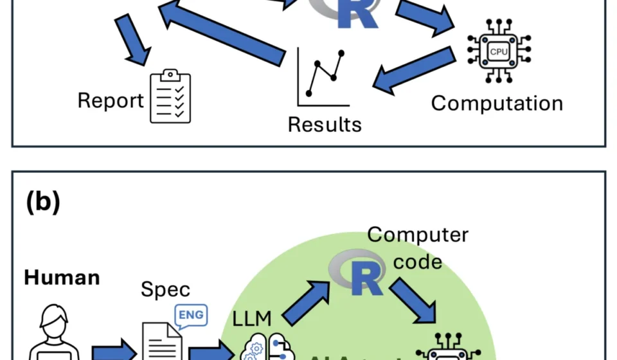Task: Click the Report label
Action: (111, 101)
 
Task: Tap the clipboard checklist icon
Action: (170, 96)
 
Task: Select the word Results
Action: (324, 123)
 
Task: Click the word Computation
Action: (497, 103)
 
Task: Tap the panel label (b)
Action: (43, 202)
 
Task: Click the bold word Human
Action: (62, 278)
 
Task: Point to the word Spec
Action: (165, 289)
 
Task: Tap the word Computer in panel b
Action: (418, 235)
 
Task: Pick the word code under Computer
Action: (417, 261)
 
